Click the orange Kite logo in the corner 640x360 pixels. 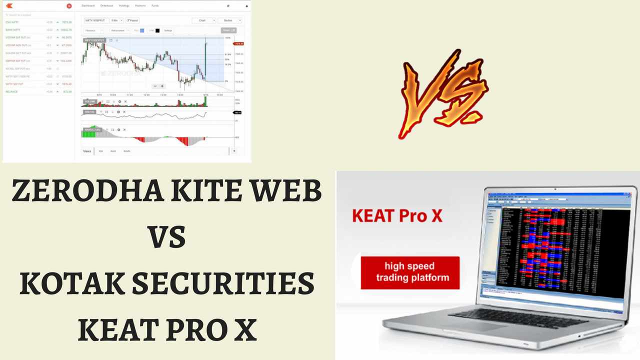9,6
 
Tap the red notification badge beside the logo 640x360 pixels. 69,6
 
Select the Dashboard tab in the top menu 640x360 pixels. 88,6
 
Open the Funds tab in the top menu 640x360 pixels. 155,6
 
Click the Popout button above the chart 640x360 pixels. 132,20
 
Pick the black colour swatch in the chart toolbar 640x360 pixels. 157,30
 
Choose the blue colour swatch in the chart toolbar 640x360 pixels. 142,30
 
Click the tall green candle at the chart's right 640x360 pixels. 205,60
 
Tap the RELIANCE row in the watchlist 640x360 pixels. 12,91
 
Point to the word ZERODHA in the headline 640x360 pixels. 87,191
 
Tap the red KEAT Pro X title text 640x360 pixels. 397,216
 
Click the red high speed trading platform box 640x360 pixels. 409,272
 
